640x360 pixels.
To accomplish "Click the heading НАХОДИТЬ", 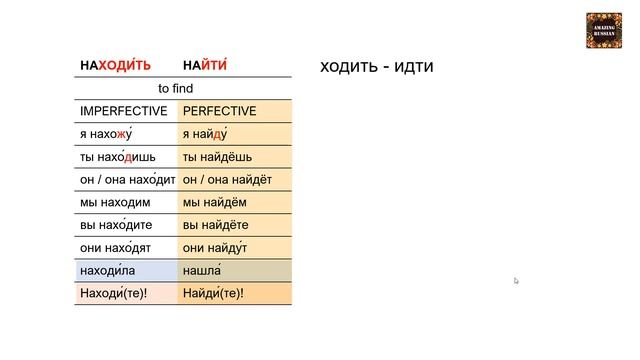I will coord(116,66).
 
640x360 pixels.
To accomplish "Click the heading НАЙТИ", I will coord(206,66).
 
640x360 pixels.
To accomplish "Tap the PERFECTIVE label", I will coord(220,111).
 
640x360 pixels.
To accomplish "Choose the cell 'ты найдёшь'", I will coord(218,157).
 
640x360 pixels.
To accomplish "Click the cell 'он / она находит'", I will coord(127,180).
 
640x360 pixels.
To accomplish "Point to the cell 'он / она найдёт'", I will coord(228,180).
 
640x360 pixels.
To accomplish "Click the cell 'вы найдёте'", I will coord(216,225).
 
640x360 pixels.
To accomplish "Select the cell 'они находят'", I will coord(115,248).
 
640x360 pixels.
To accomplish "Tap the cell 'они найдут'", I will coord(215,248).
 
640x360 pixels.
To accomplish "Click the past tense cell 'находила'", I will coord(111,271).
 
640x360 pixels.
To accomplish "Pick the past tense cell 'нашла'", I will coord(202,271).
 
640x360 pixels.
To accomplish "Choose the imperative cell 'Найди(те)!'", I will coord(213,294).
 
